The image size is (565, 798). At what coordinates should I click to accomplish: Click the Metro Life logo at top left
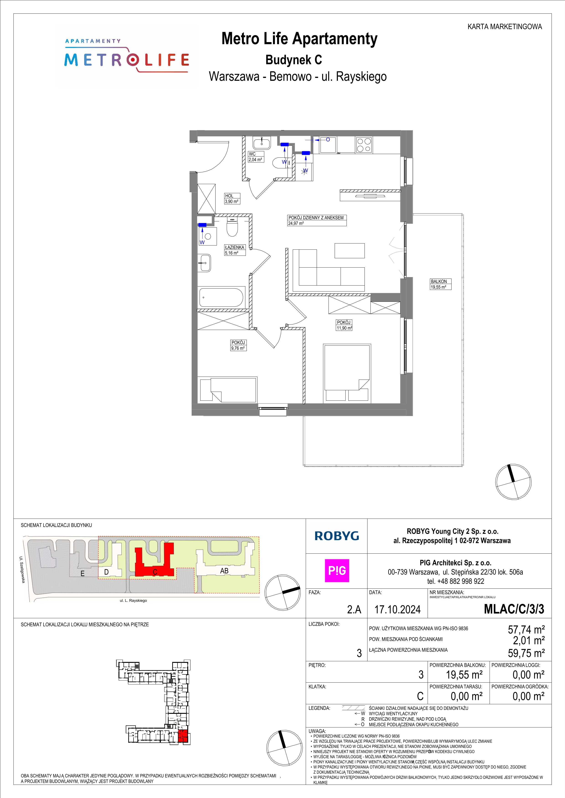(x=127, y=56)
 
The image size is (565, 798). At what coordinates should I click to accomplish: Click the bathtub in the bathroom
(x=222, y=297)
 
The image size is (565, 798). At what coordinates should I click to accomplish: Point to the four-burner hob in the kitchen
(x=364, y=145)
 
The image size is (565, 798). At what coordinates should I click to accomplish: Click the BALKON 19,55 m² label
(x=440, y=284)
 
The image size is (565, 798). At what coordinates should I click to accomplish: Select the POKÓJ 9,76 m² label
(x=238, y=345)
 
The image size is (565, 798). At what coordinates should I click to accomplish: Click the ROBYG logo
(x=336, y=536)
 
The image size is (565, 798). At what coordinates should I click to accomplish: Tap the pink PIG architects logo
(x=337, y=570)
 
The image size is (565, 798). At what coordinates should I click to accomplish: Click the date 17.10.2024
(x=397, y=609)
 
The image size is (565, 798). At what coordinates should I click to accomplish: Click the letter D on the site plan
(x=106, y=572)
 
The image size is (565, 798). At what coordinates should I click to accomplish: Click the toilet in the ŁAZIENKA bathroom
(x=232, y=227)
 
